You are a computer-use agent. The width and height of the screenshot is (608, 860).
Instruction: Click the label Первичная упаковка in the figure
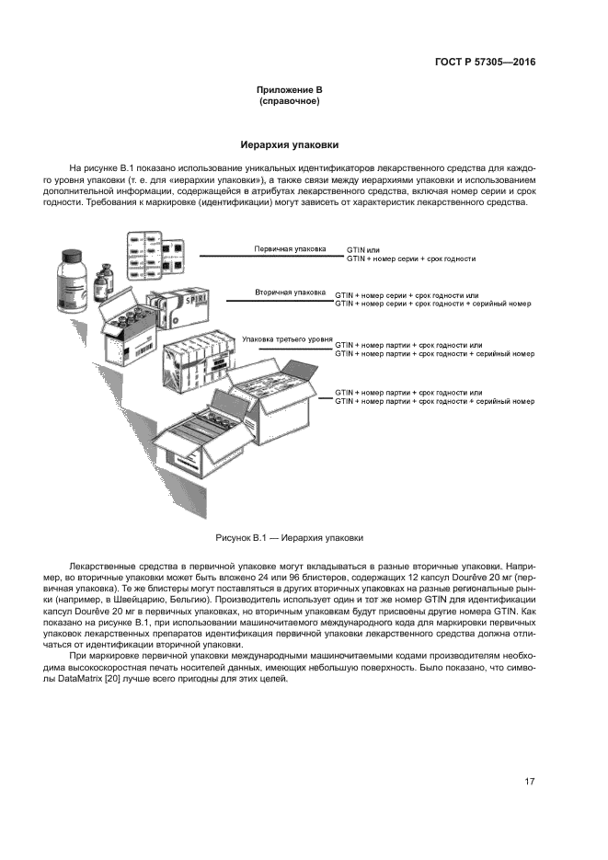tap(290, 248)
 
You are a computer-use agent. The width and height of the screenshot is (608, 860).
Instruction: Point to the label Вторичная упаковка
tap(290, 292)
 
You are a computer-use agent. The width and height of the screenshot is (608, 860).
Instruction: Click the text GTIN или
tap(362, 249)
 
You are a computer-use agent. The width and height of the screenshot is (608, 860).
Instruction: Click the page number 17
tap(530, 782)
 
